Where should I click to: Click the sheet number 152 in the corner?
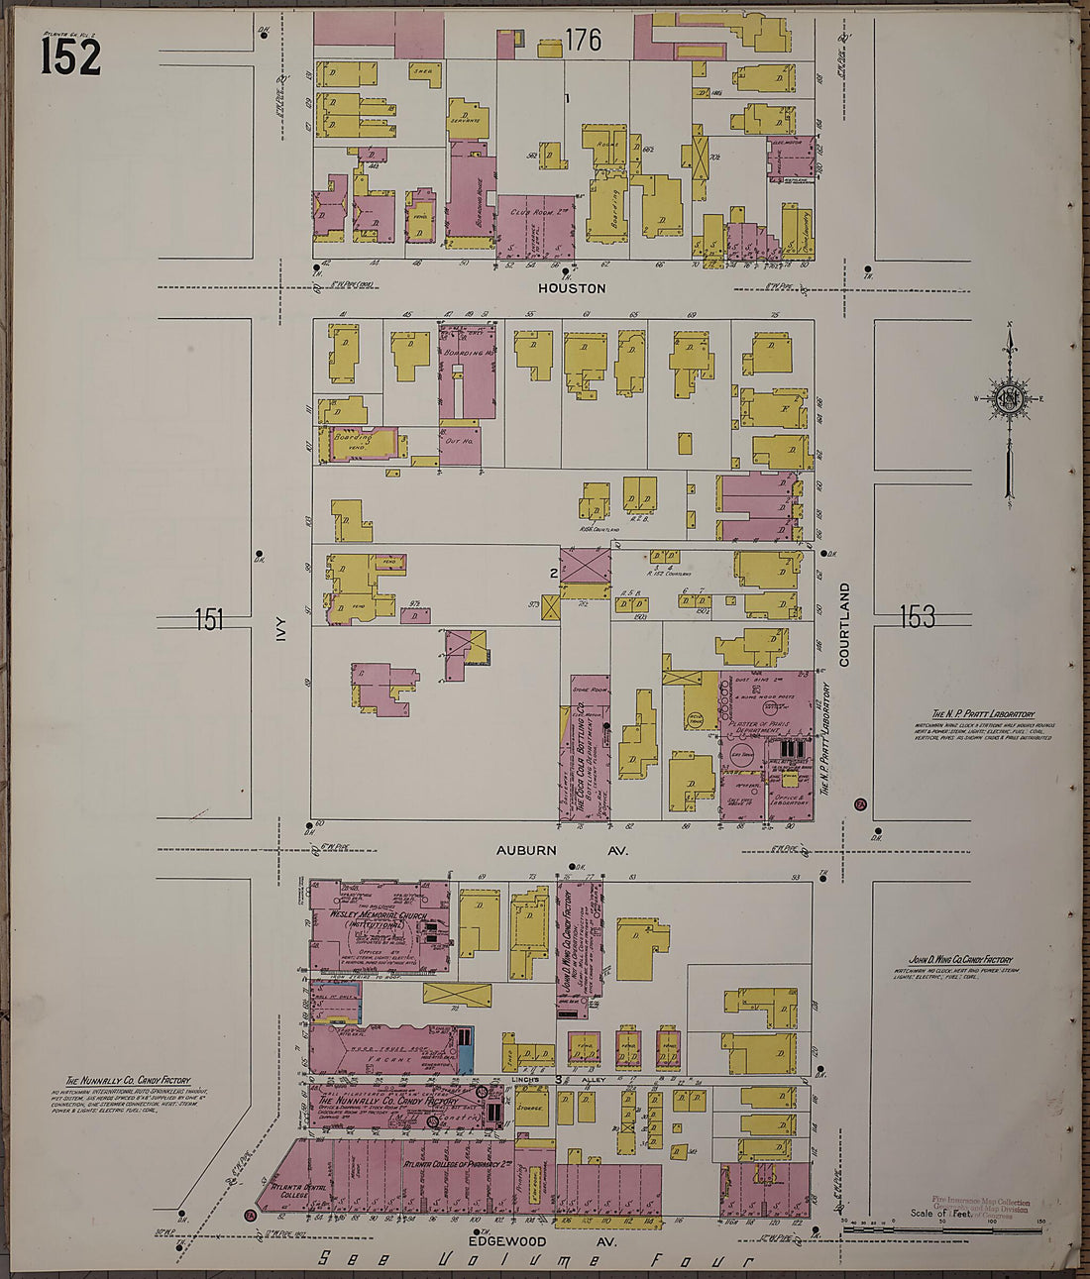point(70,54)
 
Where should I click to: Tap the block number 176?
point(583,41)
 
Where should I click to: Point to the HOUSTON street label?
point(571,288)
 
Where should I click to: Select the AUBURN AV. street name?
point(562,850)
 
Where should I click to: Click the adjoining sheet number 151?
point(209,620)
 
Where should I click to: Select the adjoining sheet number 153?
point(917,617)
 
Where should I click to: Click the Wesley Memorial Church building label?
point(380,918)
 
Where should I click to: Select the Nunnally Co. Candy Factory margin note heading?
point(129,1081)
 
